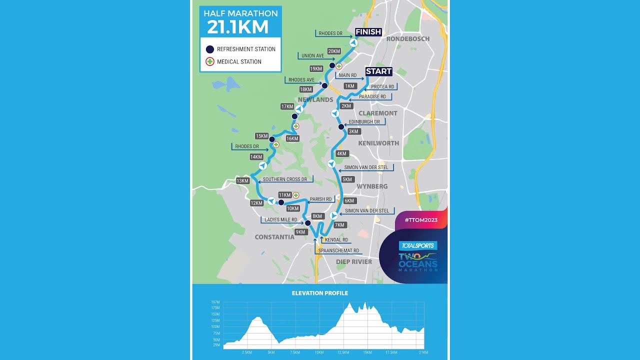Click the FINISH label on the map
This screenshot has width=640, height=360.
point(368,32)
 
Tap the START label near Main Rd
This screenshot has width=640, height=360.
point(378,71)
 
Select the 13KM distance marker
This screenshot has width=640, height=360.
point(242,181)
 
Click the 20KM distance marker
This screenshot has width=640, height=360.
point(334,51)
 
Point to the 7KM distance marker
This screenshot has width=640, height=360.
point(340,225)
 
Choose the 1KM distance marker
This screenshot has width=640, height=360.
point(350,86)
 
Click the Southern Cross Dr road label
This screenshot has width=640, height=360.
point(287,179)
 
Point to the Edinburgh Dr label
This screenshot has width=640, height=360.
point(364,122)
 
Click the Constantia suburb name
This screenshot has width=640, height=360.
point(274,237)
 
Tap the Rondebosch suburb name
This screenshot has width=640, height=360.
point(408,39)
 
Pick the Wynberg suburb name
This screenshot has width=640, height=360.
point(372,186)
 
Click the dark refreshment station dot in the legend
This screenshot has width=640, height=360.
point(210,49)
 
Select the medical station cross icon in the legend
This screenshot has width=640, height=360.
point(210,62)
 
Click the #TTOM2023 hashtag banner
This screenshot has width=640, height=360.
point(420,220)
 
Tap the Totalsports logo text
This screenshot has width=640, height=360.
point(418,246)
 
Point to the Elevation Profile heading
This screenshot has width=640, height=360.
point(320,293)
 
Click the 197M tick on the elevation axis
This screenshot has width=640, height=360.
point(215,302)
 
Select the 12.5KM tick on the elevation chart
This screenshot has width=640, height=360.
point(343,352)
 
